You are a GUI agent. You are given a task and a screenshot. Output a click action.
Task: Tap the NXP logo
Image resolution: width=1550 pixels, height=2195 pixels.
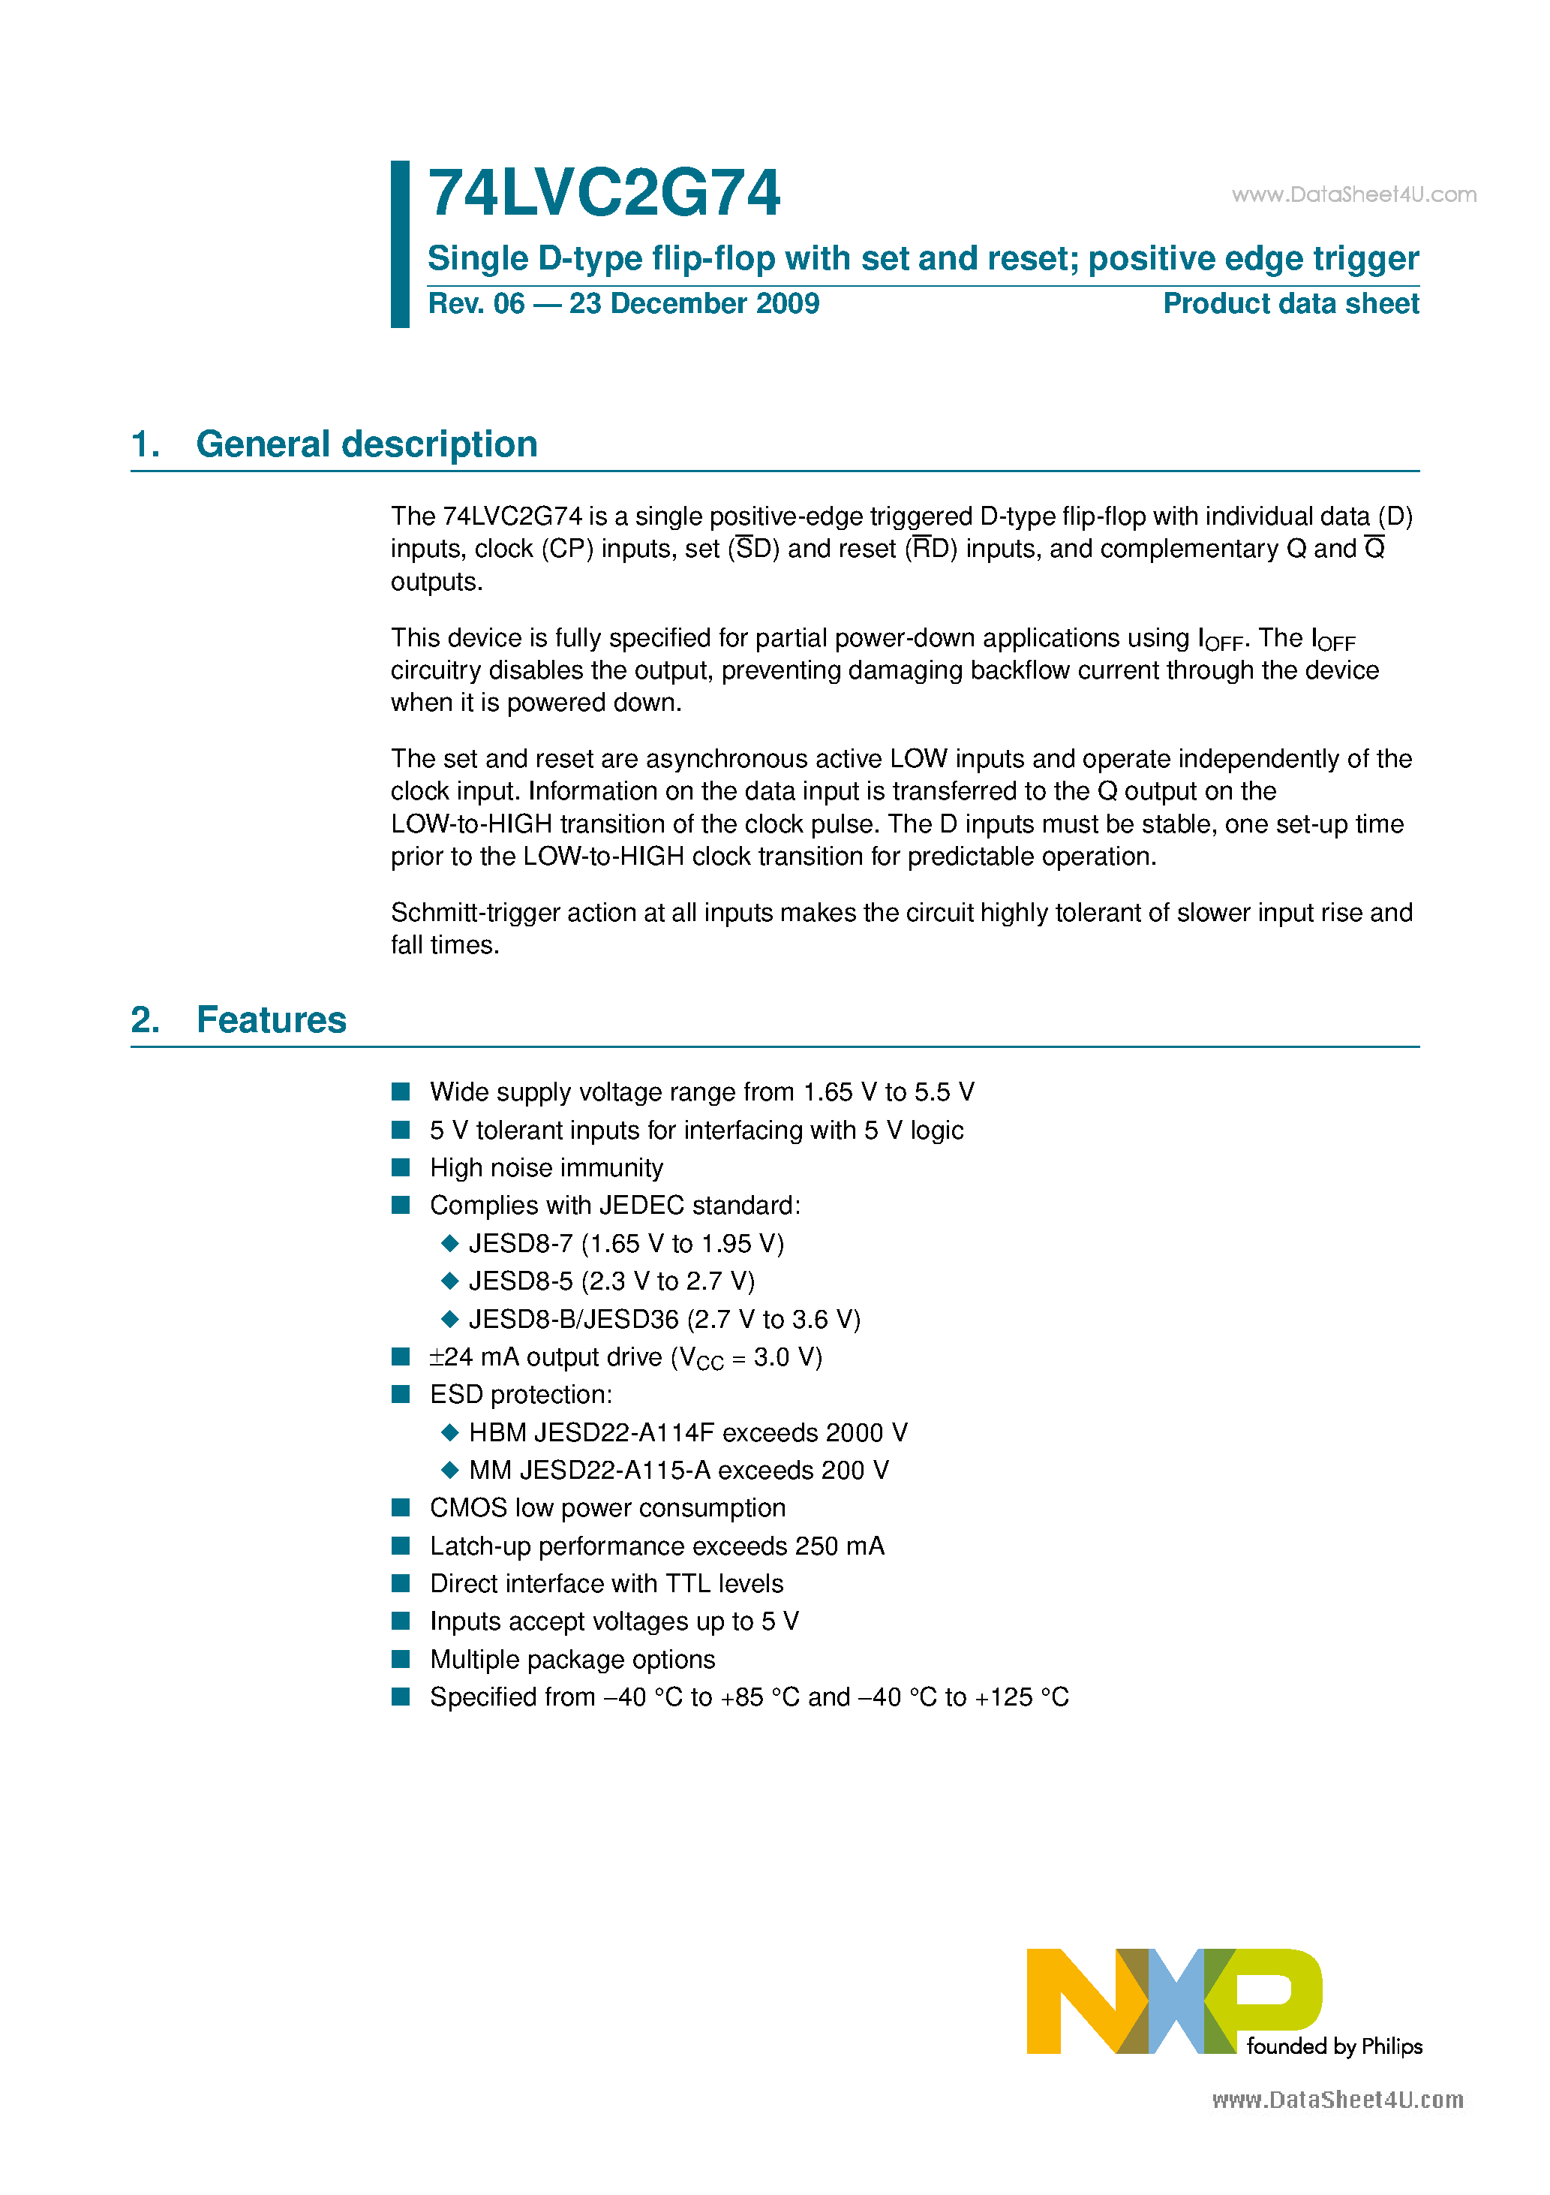pos(1173,2001)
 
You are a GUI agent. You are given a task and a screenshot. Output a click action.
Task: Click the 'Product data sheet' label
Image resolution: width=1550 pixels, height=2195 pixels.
pos(1290,304)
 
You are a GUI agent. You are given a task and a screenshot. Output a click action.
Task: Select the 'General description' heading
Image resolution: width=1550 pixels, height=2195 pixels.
pos(366,444)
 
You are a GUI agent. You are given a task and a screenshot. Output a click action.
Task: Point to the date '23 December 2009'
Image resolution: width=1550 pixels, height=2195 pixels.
pos(694,304)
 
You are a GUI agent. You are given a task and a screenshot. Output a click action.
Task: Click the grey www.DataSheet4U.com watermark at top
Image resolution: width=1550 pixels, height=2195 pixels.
pos(1353,195)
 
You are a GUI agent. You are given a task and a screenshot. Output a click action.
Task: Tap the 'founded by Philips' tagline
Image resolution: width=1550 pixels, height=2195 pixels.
pos(1334,2046)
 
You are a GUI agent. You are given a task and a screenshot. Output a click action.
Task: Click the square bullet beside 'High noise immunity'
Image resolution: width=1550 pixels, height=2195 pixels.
pos(401,1167)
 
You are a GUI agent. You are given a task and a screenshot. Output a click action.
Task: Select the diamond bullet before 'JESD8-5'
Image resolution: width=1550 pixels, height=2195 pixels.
pos(450,1281)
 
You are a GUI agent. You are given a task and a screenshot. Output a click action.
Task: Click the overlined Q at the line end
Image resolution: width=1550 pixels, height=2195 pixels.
pos(1374,549)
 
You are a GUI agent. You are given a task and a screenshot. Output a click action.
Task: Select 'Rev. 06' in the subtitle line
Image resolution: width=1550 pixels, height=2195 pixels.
pos(476,304)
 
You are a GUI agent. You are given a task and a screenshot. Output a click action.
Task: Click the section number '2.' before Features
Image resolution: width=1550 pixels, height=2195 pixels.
pos(146,1020)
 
